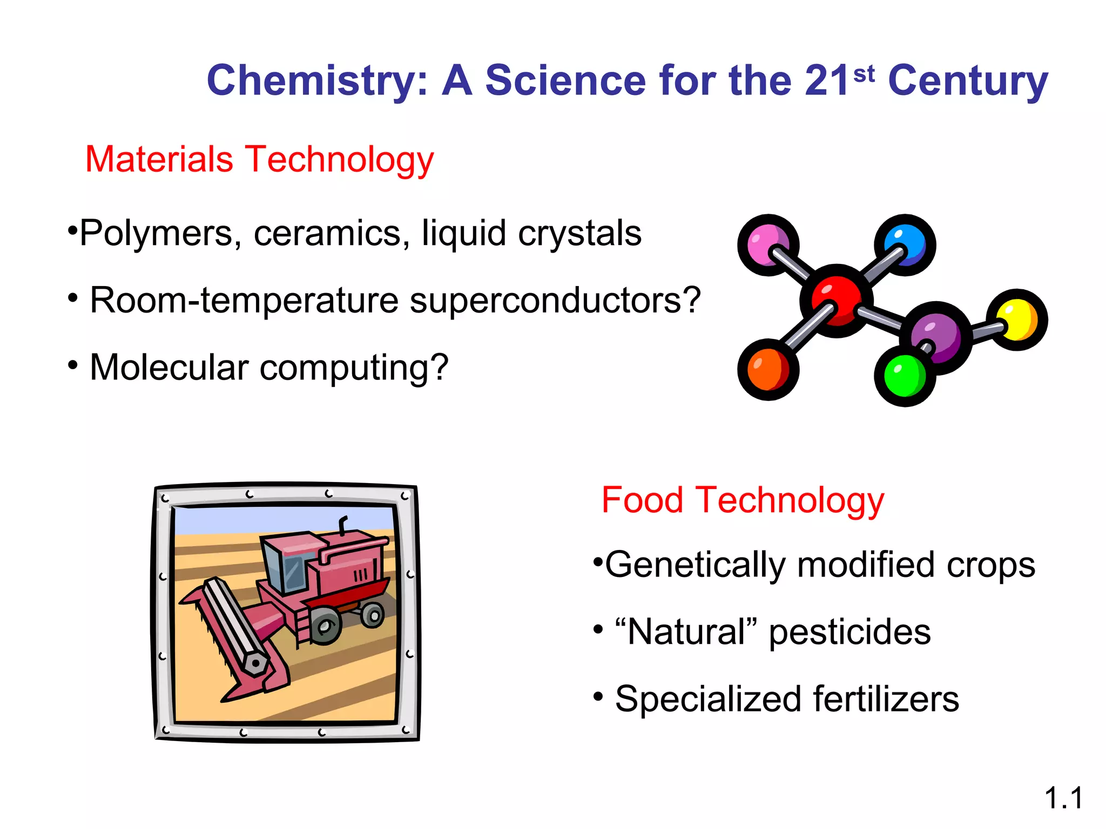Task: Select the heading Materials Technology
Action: (259, 159)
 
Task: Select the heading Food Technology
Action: (743, 500)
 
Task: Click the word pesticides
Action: (849, 632)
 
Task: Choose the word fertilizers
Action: (886, 699)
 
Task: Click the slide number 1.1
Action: (1063, 798)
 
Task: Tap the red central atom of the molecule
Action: (836, 300)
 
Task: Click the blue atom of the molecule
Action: (906, 244)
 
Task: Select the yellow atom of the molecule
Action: (1016, 320)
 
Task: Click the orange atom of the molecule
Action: (767, 370)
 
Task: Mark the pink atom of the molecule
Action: (768, 244)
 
